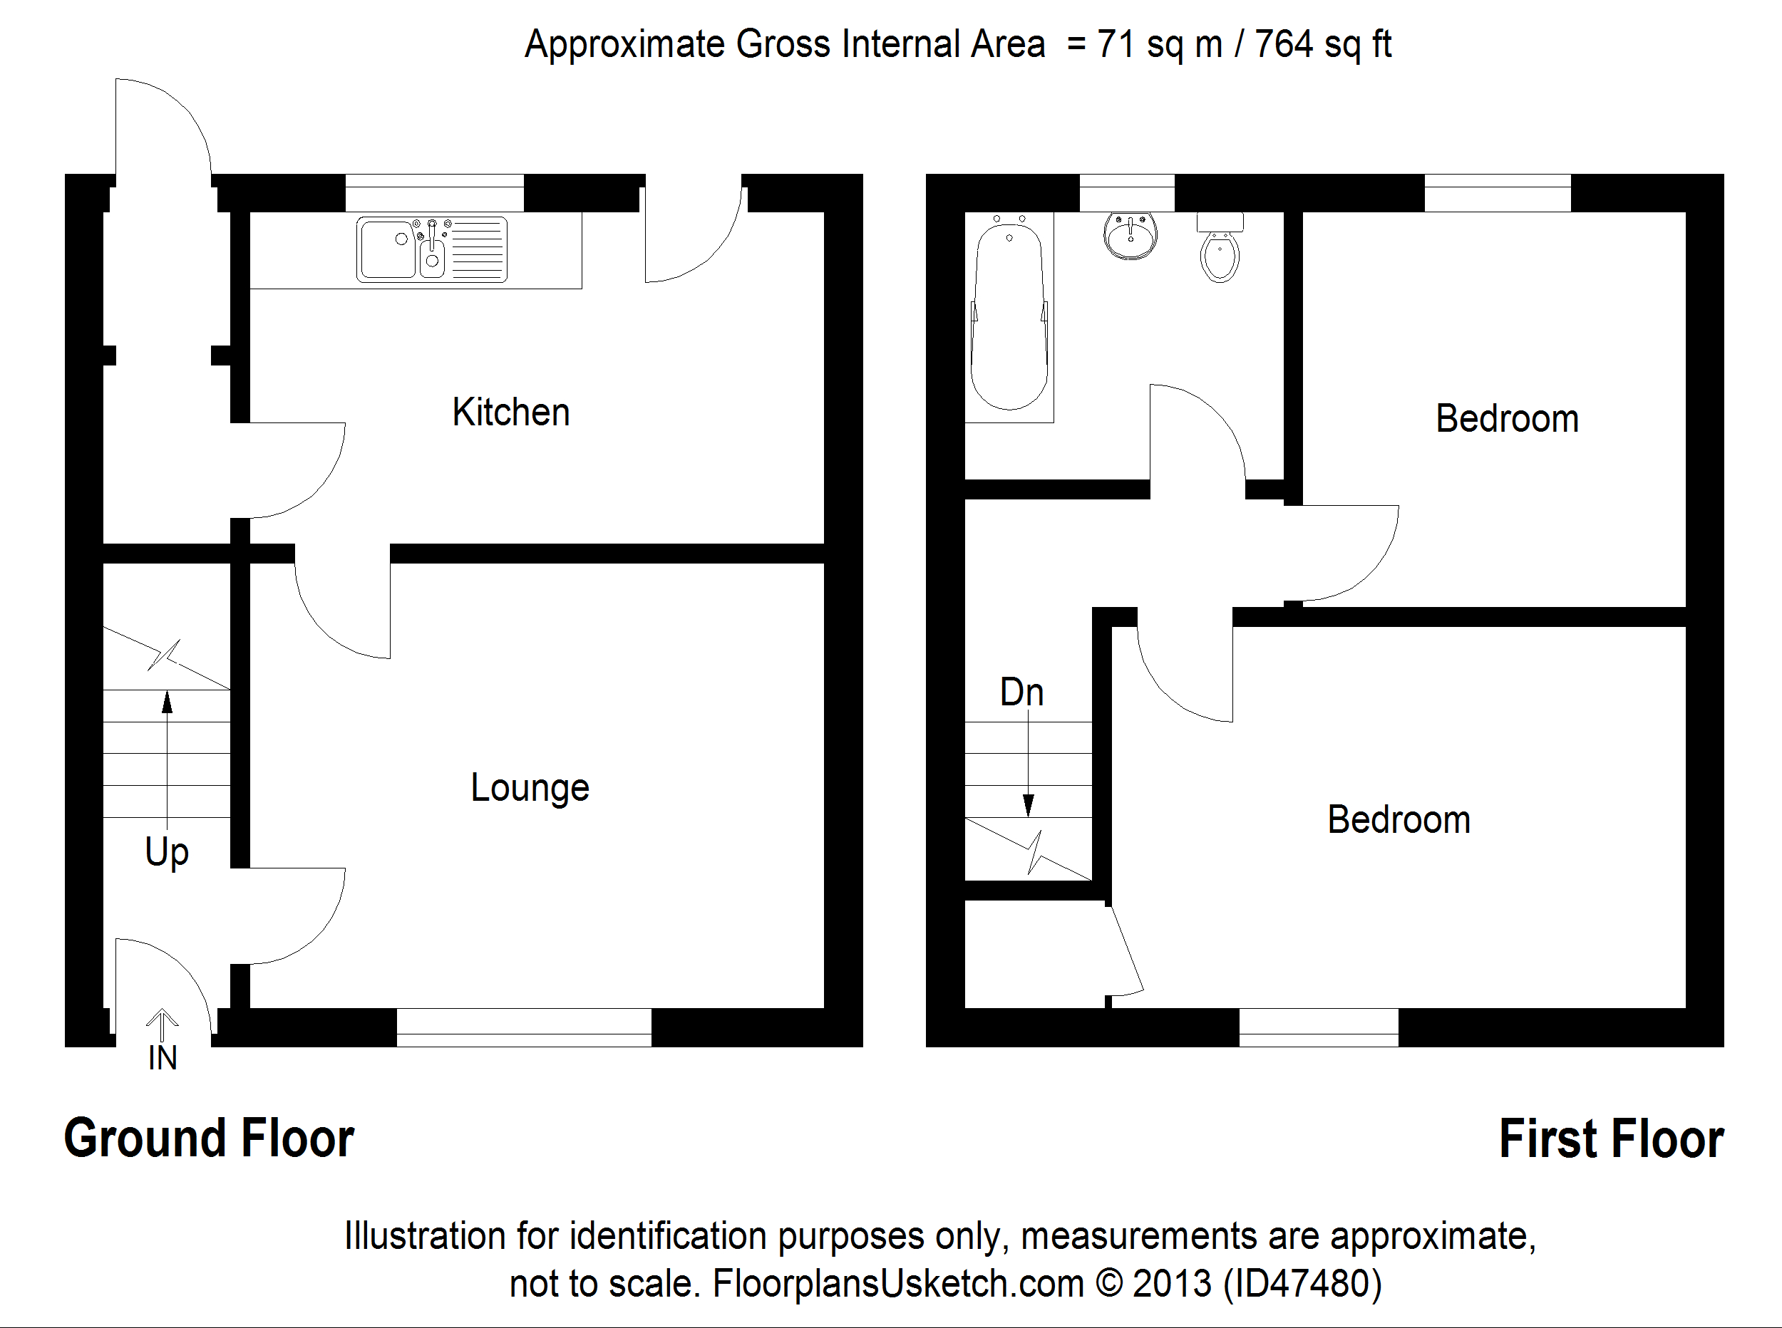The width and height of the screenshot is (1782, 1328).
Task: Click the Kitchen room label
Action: pyautogui.click(x=510, y=413)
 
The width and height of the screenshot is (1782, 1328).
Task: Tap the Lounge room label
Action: pyautogui.click(x=530, y=788)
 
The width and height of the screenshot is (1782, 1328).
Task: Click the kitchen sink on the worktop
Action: pyautogui.click(x=432, y=249)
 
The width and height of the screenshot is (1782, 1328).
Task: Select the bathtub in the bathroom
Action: pyautogui.click(x=1009, y=318)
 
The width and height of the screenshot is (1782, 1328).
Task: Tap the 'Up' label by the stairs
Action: pyautogui.click(x=167, y=852)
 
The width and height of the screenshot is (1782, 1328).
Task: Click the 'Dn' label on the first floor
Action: pyautogui.click(x=1021, y=692)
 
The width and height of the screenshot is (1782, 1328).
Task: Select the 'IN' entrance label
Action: pyautogui.click(x=163, y=1058)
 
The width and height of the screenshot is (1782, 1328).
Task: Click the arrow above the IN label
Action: pyautogui.click(x=163, y=1024)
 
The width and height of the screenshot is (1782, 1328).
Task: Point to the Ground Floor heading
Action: pyautogui.click(x=209, y=1138)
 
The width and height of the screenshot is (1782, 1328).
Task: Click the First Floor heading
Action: pyautogui.click(x=1611, y=1138)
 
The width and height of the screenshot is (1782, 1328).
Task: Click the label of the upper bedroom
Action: pyautogui.click(x=1507, y=419)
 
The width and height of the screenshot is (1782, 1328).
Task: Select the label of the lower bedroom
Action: pyautogui.click(x=1399, y=820)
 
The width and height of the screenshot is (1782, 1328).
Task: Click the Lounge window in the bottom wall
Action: pyautogui.click(x=523, y=1027)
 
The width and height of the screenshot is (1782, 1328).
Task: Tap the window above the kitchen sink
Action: pyautogui.click(x=434, y=193)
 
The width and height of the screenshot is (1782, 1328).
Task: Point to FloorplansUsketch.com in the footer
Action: pyautogui.click(x=898, y=1284)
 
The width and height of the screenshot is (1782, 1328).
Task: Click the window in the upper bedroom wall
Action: pyautogui.click(x=1498, y=193)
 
